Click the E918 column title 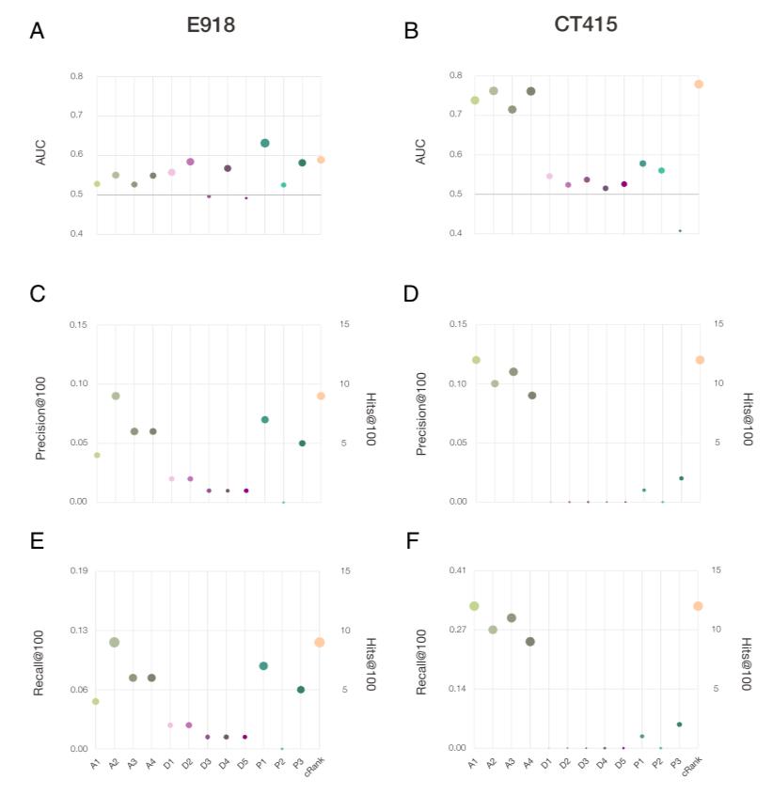pos(210,25)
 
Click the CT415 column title pos(586,24)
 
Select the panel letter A pos(37,32)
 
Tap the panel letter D pos(411,293)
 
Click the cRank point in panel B pos(699,85)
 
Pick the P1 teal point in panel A pos(265,143)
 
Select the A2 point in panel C pos(116,396)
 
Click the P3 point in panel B pos(680,230)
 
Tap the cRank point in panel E pos(320,642)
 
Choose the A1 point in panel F pos(475,606)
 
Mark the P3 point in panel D pos(681,478)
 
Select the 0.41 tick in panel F pos(456,569)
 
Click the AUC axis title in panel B pos(420,152)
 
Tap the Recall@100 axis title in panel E pos(40,662)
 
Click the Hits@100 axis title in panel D pos(748,418)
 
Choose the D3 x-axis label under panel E pos(206,764)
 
